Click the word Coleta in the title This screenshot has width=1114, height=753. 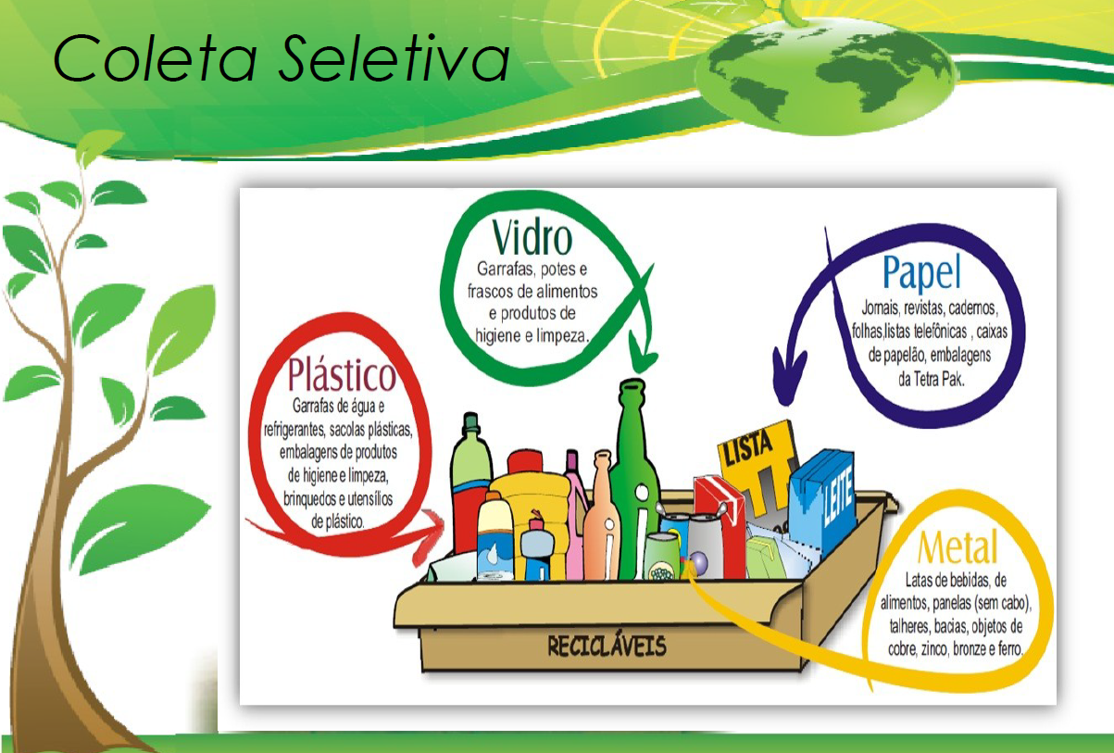(155, 58)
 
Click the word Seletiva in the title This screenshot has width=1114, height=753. (394, 58)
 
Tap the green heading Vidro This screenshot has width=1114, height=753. (532, 238)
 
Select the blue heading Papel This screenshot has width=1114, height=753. (921, 272)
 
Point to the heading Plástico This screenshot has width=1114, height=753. (342, 374)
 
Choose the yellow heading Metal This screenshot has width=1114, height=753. (958, 547)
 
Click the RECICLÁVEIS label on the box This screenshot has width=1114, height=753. (607, 646)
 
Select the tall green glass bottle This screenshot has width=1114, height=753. (634, 478)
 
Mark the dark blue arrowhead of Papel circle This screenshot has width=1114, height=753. (788, 375)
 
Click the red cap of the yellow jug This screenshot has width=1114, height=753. (525, 462)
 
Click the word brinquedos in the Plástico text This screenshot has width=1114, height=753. (307, 499)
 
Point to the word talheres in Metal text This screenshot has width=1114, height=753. (909, 626)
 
